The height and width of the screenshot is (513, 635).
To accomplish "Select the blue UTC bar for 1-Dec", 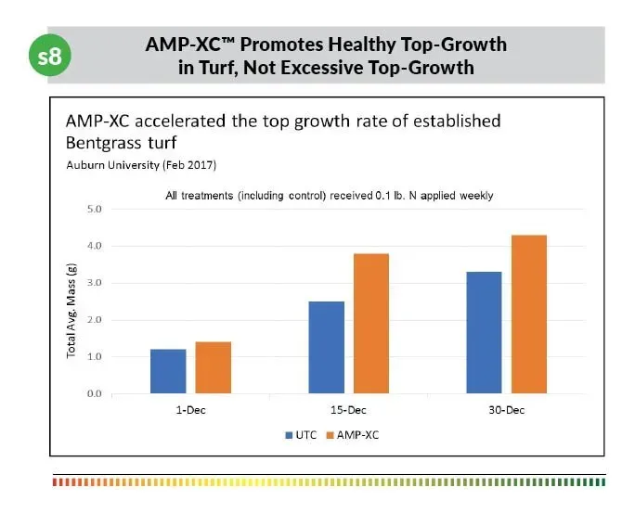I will [168, 371].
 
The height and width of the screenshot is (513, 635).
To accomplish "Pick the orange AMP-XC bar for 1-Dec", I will [213, 367].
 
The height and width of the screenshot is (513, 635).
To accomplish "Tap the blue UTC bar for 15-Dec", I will [326, 347].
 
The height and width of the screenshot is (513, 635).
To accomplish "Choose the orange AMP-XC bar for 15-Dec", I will [370, 323].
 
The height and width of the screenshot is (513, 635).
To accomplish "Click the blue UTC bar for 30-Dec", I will [483, 332].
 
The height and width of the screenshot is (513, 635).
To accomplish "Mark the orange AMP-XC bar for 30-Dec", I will [528, 314].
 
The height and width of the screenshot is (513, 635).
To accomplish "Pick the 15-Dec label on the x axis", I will [348, 409].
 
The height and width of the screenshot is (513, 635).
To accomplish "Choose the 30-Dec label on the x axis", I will [506, 409].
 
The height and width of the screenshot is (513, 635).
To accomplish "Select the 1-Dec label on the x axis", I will [190, 409].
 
